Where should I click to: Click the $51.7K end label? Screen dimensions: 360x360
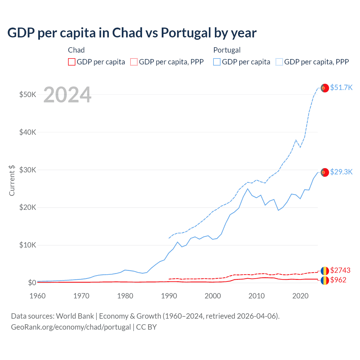click(341, 87)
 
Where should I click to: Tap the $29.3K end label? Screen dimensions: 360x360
click(341, 172)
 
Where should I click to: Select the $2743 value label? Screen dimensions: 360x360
click(340, 270)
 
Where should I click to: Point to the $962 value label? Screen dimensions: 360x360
click(338, 280)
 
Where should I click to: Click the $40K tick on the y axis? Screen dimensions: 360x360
click(28, 132)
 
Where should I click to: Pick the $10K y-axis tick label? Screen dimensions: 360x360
click(28, 245)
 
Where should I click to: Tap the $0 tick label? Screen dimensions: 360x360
click(32, 283)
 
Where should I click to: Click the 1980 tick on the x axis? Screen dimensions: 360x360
click(125, 296)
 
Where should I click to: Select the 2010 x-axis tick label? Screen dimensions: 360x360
click(256, 296)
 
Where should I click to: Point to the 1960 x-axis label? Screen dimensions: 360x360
click(37, 296)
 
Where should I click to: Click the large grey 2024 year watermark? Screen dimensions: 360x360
click(67, 95)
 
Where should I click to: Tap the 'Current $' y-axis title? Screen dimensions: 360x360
click(12, 180)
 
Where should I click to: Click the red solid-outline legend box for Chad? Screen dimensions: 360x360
click(72, 62)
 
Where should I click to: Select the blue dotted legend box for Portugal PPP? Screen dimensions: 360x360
click(279, 62)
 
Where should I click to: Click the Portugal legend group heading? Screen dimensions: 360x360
click(227, 50)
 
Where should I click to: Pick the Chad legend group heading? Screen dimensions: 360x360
click(76, 50)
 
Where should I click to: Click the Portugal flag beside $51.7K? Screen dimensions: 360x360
click(325, 88)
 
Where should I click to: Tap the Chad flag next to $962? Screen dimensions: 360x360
click(325, 280)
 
